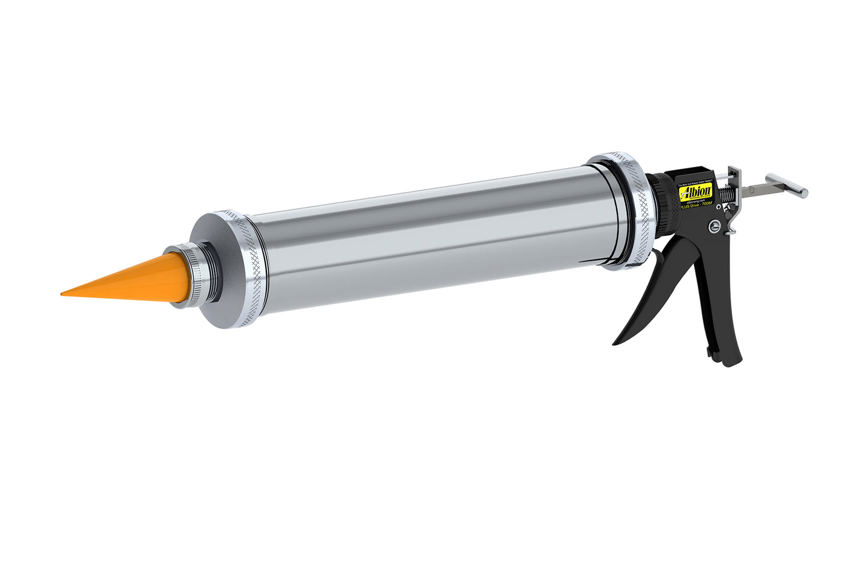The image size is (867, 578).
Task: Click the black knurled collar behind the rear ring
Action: coord(666,207)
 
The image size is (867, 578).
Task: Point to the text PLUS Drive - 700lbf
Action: coord(696,204)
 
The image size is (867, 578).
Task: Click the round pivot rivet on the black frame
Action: coord(715,226)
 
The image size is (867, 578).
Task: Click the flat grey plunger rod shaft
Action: coord(759,190)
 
